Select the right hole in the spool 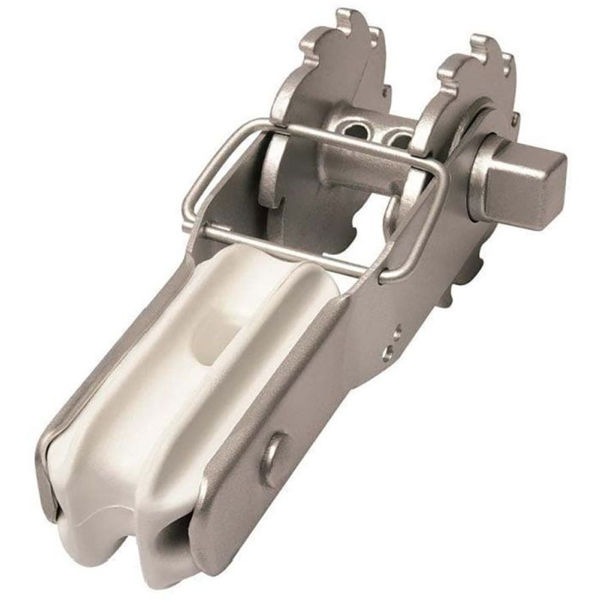point(398,138)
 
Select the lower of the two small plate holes point(389,351)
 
